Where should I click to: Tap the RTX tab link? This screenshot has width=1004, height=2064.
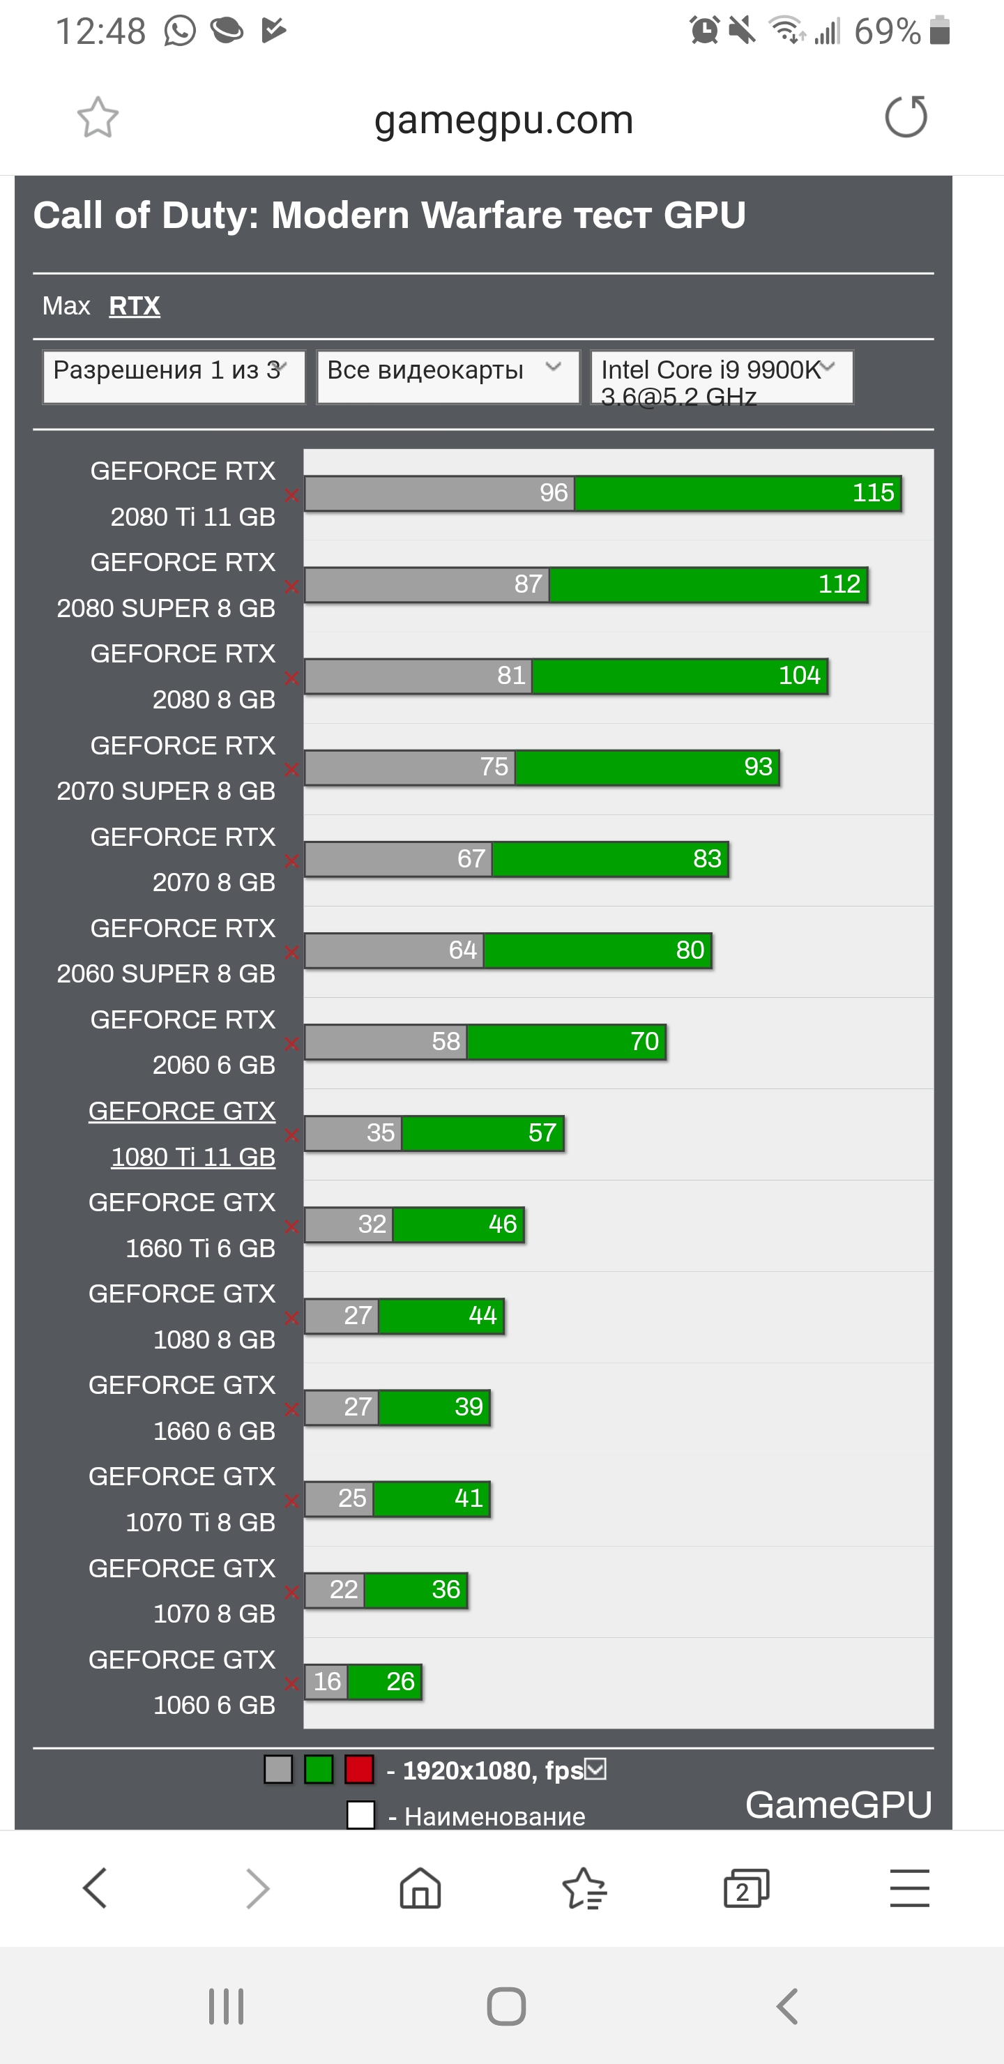[134, 305]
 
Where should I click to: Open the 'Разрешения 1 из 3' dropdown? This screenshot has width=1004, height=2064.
[173, 377]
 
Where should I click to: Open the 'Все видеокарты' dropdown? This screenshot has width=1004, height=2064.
[447, 377]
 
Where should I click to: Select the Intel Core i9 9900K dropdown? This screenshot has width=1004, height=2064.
[721, 377]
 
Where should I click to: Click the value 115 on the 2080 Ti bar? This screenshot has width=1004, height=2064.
[873, 492]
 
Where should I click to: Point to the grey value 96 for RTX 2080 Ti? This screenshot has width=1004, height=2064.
[553, 492]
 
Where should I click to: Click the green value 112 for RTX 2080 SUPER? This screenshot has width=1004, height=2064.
[838, 584]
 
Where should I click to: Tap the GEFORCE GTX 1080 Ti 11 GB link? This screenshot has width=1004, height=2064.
[182, 1133]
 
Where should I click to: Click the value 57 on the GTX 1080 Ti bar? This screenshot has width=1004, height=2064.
[542, 1132]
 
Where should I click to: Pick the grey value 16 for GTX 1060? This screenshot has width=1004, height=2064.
[327, 1681]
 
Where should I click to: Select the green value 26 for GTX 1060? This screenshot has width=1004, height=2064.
[400, 1681]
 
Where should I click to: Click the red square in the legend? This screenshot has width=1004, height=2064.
[359, 1769]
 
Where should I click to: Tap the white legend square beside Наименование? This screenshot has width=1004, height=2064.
[360, 1815]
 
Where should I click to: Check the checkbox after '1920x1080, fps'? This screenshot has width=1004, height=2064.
[595, 1768]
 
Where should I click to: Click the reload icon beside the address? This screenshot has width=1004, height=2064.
[906, 117]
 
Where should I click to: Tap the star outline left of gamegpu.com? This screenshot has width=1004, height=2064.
[98, 118]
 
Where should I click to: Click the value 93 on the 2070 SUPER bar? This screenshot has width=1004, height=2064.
[757, 766]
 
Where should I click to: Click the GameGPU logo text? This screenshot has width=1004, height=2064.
[838, 1805]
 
